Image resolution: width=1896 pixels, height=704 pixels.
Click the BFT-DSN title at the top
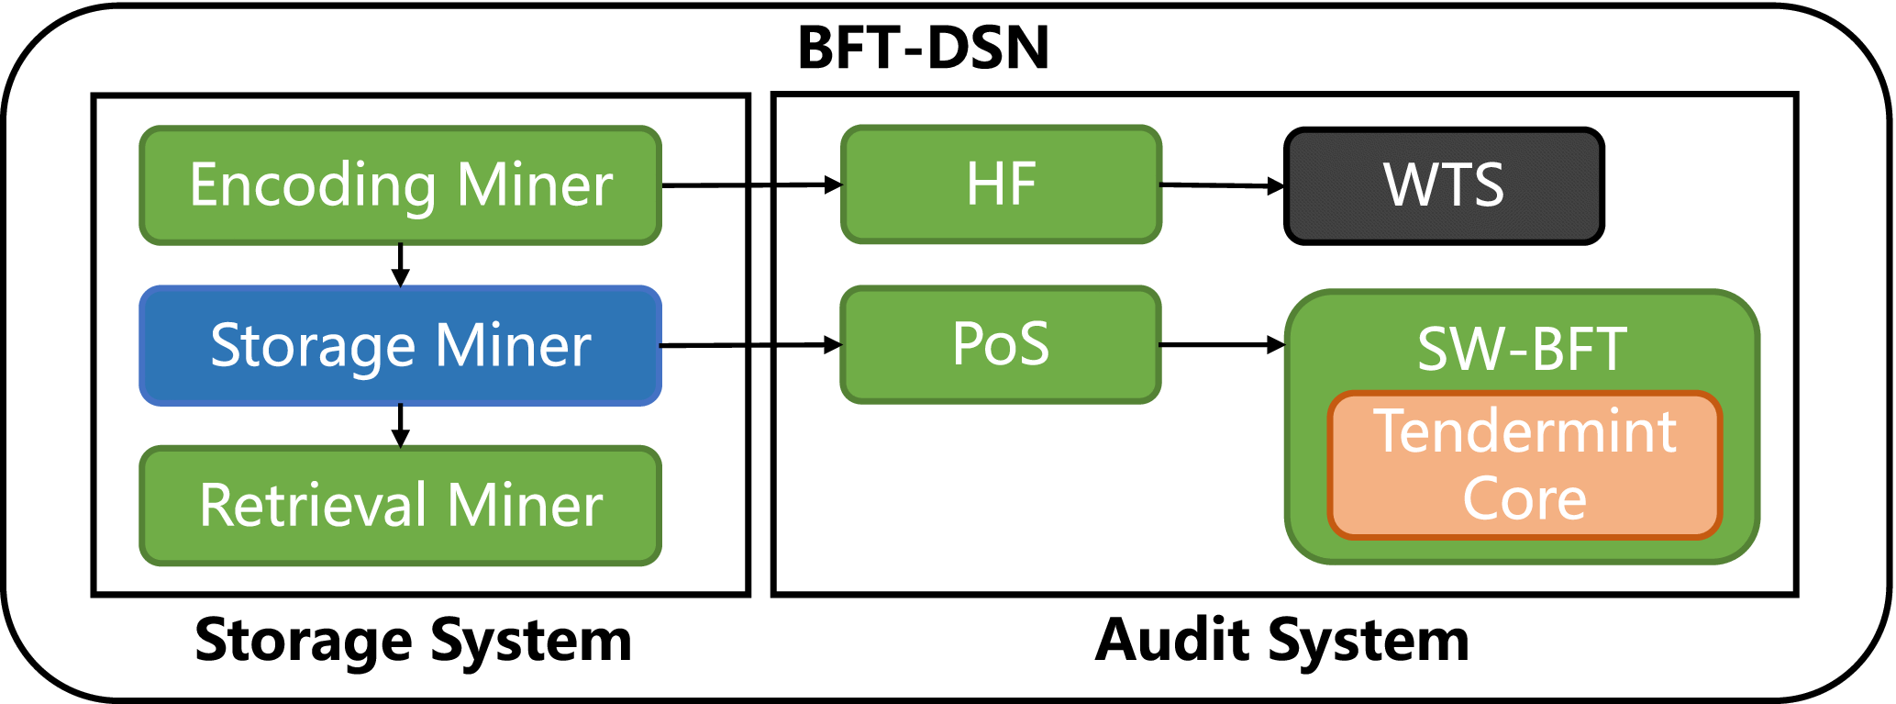click(923, 48)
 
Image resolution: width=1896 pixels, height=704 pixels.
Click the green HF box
click(1001, 184)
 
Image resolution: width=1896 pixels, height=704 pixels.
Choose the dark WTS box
click(1444, 186)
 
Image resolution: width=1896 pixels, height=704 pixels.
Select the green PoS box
click(1001, 345)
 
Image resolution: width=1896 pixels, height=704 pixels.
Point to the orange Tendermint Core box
click(1525, 464)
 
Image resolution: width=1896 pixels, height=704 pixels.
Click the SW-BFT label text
click(1523, 349)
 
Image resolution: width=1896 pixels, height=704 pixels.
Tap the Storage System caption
click(413, 640)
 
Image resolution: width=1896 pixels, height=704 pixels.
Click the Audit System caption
click(1282, 640)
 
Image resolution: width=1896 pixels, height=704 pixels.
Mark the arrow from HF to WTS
click(1222, 185)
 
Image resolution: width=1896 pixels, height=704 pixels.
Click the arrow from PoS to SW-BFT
click(1222, 345)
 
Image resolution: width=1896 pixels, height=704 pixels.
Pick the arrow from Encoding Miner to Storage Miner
click(400, 265)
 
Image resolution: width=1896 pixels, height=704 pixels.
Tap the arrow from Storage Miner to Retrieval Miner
click(400, 426)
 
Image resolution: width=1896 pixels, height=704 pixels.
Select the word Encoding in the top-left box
click(312, 186)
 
